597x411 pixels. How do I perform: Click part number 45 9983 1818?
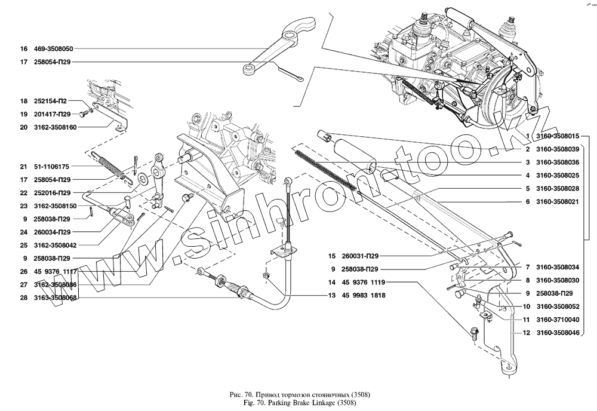coord(364,295)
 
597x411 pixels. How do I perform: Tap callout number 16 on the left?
coord(24,48)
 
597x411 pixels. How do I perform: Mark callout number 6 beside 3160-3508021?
coord(528,202)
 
